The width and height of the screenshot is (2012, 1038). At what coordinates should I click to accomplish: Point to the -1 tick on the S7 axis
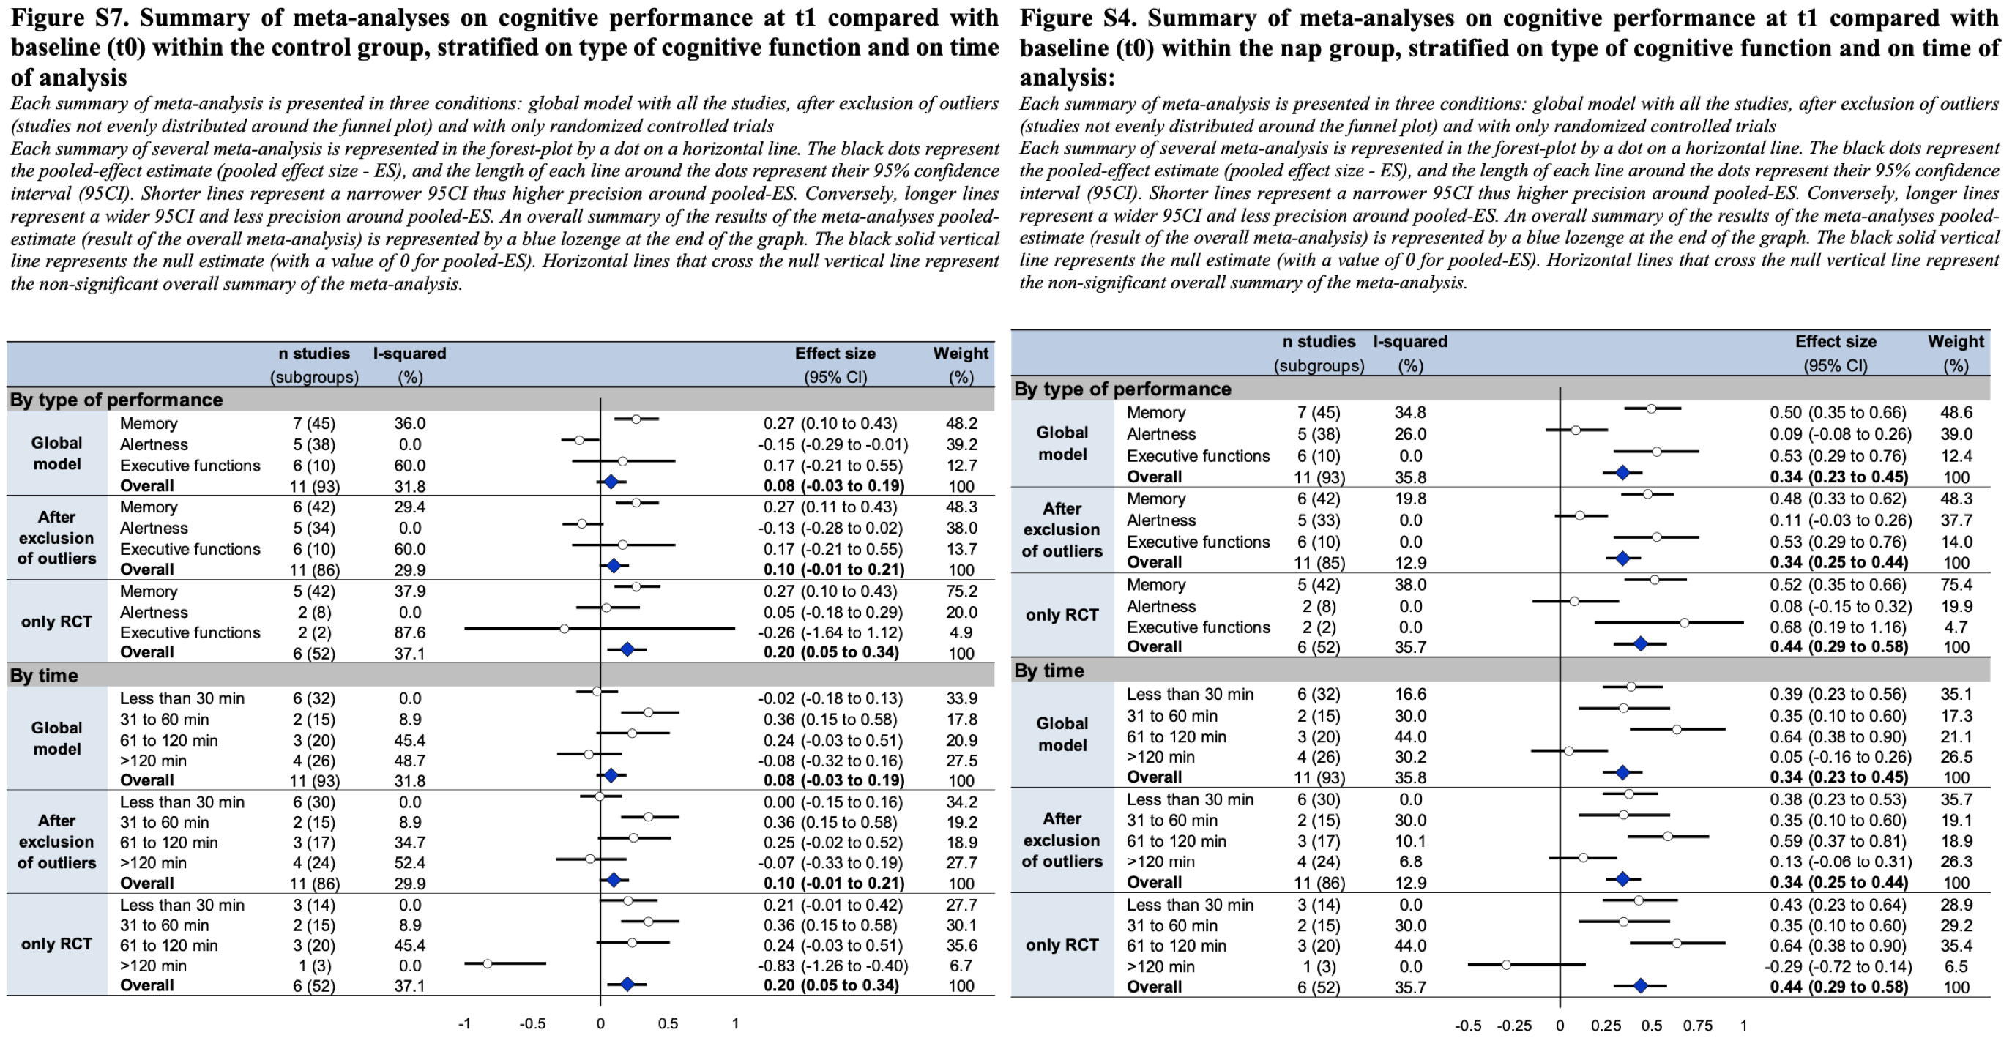464,1023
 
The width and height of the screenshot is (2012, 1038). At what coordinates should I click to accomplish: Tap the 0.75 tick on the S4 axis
1697,1026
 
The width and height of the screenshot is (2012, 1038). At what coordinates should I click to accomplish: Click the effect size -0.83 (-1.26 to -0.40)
832,966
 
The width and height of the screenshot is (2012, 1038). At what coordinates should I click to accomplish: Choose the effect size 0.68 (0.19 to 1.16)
1837,627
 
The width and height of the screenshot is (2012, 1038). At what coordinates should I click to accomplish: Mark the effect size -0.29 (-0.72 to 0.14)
1837,966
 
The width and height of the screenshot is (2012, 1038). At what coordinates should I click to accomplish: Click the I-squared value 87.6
409,632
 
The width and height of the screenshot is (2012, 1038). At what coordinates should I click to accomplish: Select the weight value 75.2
961,591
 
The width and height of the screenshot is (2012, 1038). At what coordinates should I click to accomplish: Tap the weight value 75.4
1955,585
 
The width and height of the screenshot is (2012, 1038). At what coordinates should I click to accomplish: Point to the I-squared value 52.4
409,863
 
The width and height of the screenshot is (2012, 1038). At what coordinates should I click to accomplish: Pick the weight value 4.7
1955,627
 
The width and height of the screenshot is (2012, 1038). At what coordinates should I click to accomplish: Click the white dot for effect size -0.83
488,964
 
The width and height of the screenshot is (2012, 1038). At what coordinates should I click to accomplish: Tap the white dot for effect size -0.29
1507,966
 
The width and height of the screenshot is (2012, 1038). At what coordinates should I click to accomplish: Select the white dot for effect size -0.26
564,629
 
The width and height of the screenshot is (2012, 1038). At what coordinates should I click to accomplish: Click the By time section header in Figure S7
44,676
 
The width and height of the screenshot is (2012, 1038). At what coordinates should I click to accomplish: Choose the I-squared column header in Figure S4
1410,342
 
